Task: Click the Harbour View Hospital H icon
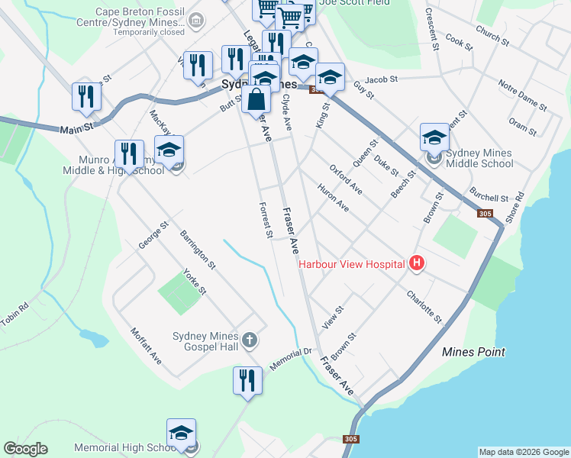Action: [417, 264]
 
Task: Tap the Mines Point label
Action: [473, 352]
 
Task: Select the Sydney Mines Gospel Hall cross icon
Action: [249, 339]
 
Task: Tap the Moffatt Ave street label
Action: [146, 346]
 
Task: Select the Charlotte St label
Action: [424, 305]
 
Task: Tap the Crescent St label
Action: [432, 30]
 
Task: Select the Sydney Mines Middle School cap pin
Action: [434, 139]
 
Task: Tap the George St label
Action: [153, 236]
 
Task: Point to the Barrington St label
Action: [198, 249]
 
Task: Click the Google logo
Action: [25, 449]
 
